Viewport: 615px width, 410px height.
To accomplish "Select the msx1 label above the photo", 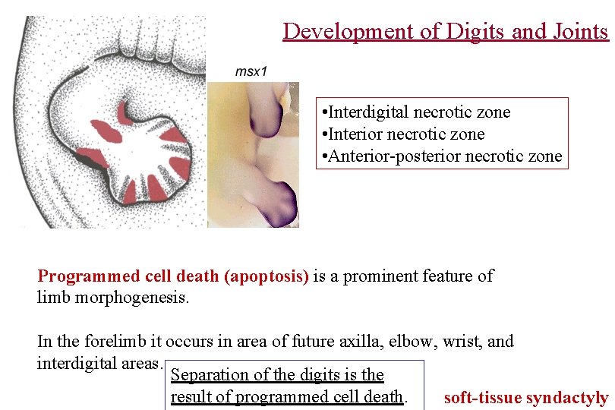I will [251, 71].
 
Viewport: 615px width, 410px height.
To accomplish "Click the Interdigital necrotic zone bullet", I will [417, 112].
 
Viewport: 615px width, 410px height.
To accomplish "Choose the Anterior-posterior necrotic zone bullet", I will [443, 156].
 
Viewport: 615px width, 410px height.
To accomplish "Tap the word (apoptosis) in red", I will [266, 276].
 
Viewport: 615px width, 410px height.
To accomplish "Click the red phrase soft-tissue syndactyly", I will [525, 398].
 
